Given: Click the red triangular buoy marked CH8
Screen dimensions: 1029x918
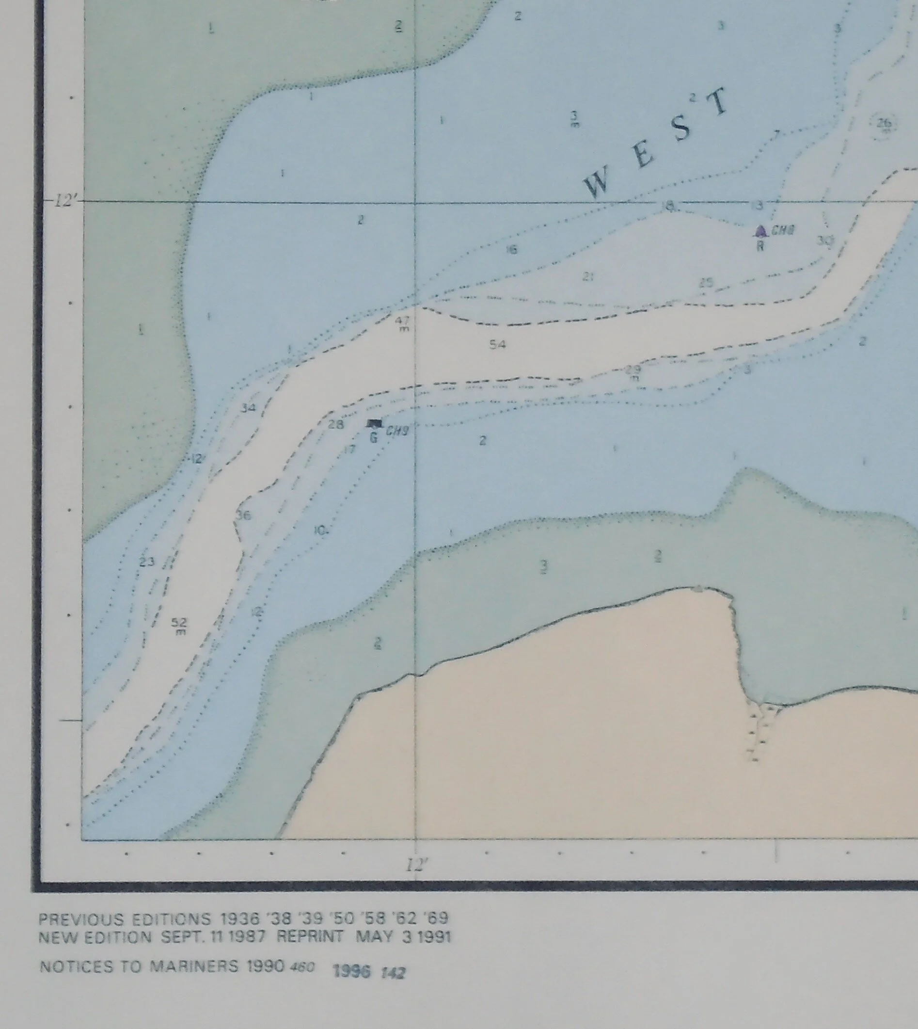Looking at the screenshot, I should tap(760, 231).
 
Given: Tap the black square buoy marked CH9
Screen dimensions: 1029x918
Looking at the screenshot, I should tap(374, 423).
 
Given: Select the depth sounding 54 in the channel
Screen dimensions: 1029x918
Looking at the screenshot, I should tap(497, 344).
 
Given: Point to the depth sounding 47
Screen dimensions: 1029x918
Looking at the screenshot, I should tap(402, 321).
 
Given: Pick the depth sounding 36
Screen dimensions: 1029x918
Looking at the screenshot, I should tap(244, 515).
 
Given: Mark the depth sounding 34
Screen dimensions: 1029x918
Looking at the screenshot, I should tap(248, 408).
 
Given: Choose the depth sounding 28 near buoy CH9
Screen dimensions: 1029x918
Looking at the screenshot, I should tap(335, 424).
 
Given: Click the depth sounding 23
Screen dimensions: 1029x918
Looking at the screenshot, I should tap(146, 562).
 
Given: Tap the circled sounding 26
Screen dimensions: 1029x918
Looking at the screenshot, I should tap(884, 123).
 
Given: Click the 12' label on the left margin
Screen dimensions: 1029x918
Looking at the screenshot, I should tap(65, 201).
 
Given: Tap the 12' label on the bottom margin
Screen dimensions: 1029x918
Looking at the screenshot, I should tap(417, 865).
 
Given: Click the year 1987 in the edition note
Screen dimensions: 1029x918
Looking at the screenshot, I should tap(247, 937).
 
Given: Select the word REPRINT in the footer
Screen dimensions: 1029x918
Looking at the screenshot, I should tap(310, 937).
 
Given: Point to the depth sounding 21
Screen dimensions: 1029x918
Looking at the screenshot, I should tap(587, 276).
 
